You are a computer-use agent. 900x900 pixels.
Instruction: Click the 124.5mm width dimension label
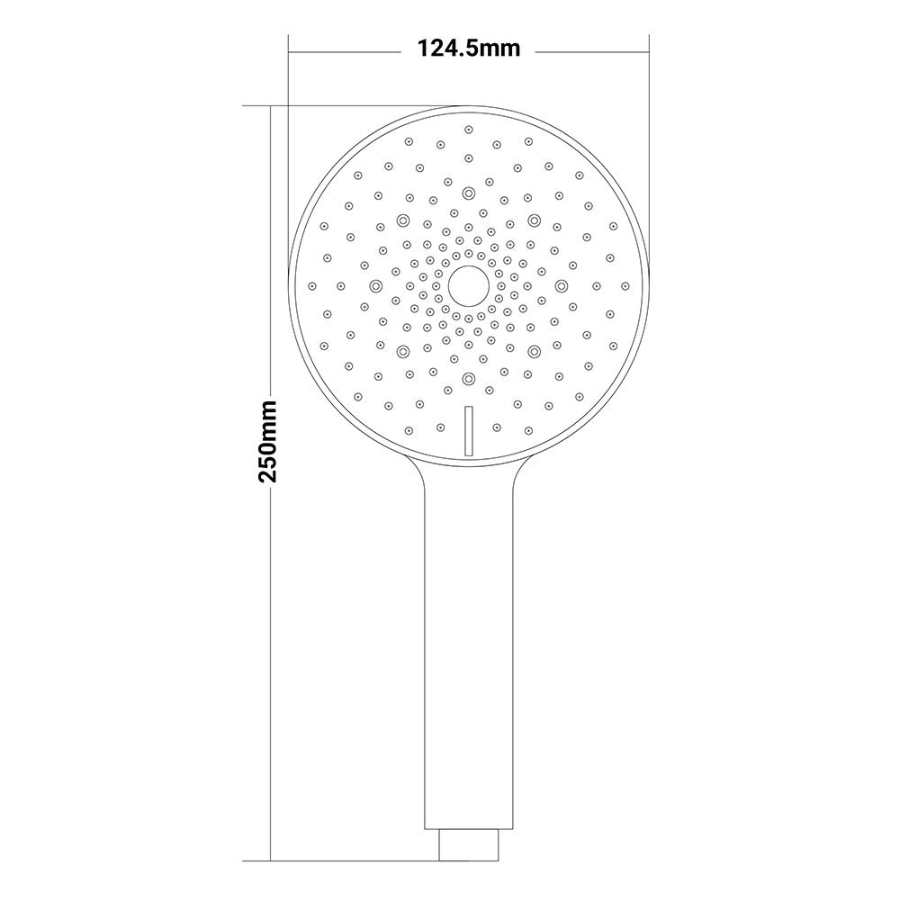(x=468, y=49)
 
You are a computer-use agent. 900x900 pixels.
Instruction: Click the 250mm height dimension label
(x=268, y=442)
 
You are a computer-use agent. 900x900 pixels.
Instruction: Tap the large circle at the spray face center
(x=468, y=286)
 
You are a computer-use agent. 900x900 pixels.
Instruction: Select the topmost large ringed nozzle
(x=469, y=193)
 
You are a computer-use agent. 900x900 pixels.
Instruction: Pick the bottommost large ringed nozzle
(x=469, y=378)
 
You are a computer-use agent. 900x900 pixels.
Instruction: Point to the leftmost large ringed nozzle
(x=376, y=285)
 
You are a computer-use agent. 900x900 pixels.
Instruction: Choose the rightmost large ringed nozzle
(x=561, y=285)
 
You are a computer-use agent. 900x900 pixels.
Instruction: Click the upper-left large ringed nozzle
(x=402, y=220)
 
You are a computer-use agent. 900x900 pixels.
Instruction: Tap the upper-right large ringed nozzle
(x=535, y=220)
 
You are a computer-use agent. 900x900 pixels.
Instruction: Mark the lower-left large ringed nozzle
(x=402, y=351)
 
